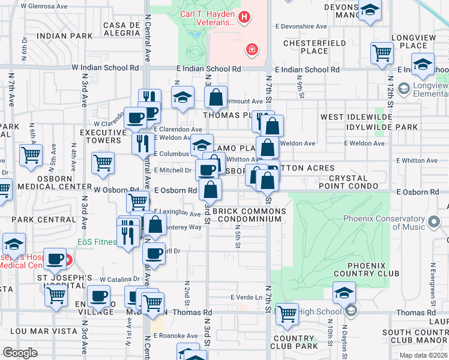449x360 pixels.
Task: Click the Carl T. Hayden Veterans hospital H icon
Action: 244,17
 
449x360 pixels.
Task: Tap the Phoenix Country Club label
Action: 373,269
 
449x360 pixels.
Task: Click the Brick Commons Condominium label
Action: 247,215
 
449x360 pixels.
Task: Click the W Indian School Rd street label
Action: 105,68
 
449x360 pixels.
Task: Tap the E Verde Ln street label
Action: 247,298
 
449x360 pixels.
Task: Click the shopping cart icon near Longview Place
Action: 382,52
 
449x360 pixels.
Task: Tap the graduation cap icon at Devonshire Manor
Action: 370,10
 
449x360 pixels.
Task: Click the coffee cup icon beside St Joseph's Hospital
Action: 56,259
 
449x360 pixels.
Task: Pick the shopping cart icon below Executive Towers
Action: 103,162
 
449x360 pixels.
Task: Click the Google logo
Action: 20,353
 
